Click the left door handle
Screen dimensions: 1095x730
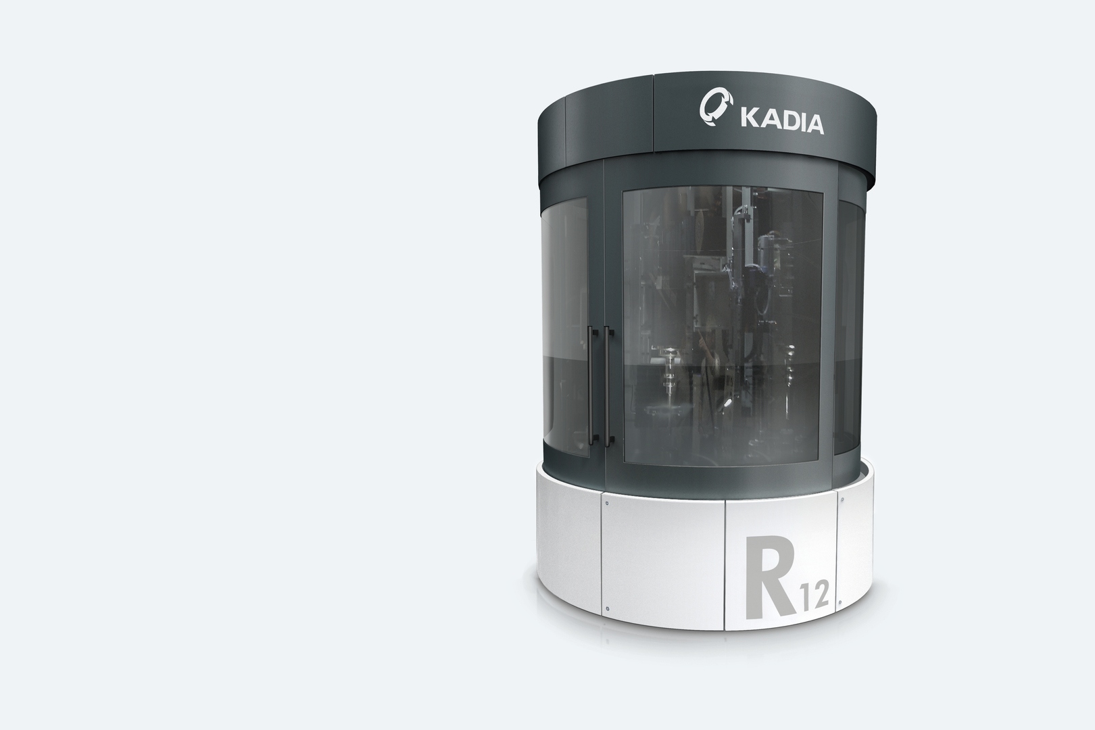point(593,386)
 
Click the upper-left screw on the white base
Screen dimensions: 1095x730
point(607,503)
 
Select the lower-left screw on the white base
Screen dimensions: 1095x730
point(607,609)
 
